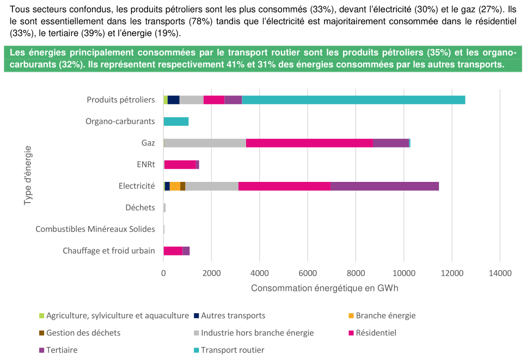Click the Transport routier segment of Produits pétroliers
(353, 100)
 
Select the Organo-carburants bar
(176, 121)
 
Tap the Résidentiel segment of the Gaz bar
(309, 143)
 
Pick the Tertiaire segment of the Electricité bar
(384, 186)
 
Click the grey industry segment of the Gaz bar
(205, 143)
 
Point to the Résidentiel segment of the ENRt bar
(180, 164)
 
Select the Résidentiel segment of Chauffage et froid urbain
(173, 251)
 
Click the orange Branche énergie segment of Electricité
(175, 186)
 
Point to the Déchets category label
(140, 208)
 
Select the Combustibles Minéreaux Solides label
(95, 229)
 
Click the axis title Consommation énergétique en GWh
(325, 288)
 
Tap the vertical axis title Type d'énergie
(28, 175)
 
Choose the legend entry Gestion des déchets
(83, 333)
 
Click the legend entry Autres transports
(233, 315)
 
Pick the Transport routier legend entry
(233, 350)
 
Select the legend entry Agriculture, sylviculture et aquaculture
(117, 315)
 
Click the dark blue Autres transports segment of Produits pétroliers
(173, 100)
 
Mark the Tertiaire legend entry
(62, 350)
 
